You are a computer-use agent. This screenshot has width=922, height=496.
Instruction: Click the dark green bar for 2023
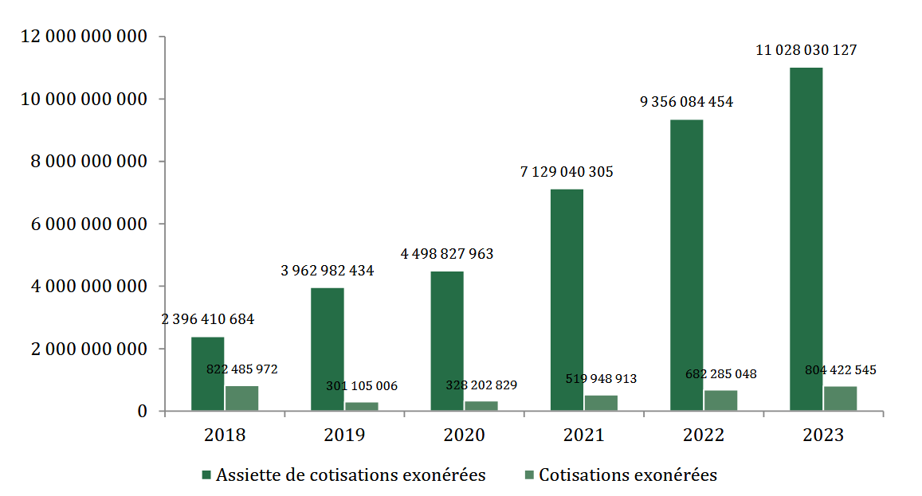(x=806, y=239)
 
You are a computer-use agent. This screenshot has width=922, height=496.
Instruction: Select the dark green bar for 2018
(x=207, y=374)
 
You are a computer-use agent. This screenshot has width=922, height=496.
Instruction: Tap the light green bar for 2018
(x=241, y=399)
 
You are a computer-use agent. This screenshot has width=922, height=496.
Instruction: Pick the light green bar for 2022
(x=720, y=401)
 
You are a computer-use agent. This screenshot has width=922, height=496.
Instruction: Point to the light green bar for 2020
(x=481, y=406)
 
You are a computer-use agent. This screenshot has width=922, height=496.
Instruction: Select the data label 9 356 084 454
(x=686, y=102)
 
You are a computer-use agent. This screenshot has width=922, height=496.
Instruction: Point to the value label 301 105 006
(x=362, y=386)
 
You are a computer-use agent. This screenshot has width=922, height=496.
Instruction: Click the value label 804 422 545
(x=840, y=370)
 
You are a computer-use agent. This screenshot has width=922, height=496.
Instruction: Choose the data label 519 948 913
(x=601, y=379)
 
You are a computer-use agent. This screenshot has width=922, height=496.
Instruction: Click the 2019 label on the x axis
(x=344, y=435)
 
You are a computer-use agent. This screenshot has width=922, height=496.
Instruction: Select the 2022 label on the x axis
(x=704, y=435)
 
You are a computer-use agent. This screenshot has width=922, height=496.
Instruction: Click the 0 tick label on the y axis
(x=143, y=412)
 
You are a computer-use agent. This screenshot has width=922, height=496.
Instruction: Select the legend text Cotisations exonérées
(x=628, y=475)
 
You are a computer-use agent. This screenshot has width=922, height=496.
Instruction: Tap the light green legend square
(x=529, y=475)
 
